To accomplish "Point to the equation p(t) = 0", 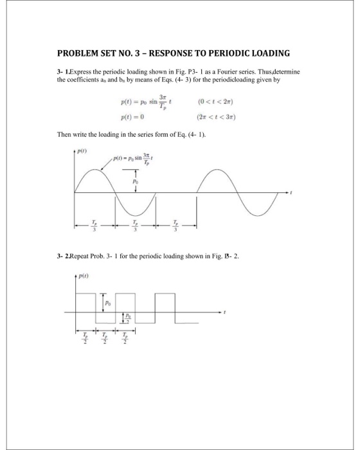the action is click(134, 117).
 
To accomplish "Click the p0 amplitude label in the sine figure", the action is click(134, 183).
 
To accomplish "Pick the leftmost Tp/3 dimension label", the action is click(94, 227).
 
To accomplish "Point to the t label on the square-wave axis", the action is click(225, 311).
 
